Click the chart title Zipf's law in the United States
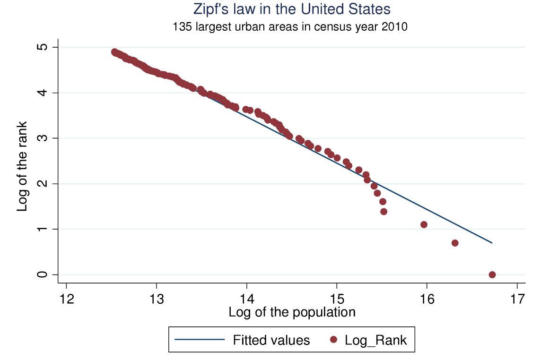tap(292, 9)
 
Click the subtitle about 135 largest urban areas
tap(290, 27)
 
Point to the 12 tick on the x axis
tap(66, 300)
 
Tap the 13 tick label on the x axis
tap(157, 300)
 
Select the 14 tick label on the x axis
tap(246, 300)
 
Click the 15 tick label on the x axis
tap(337, 300)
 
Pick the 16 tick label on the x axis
tap(427, 300)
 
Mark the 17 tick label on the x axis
tap(517, 300)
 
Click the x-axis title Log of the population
tap(292, 312)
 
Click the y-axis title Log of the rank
tap(22, 166)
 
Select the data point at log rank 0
tap(492, 274)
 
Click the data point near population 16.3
tap(455, 243)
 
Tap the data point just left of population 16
tap(424, 224)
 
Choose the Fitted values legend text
tap(271, 340)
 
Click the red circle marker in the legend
tap(334, 339)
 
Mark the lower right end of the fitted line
tap(492, 243)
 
